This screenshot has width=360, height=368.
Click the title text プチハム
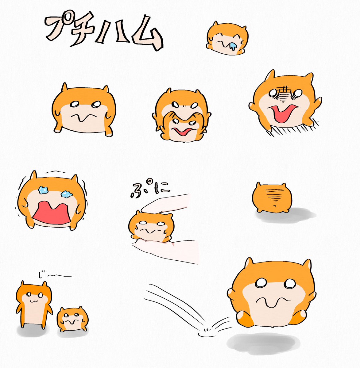(104, 31)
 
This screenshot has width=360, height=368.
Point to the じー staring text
(55, 277)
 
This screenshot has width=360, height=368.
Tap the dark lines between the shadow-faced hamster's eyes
(283, 94)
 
